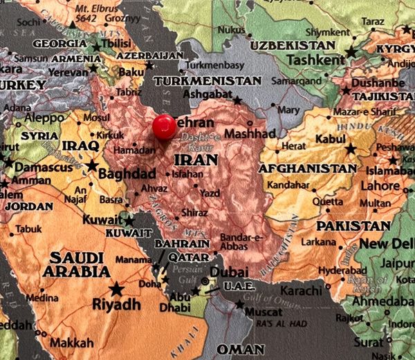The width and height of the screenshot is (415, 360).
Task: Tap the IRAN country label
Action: point(196,160)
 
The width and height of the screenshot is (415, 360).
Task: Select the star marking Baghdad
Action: point(92,166)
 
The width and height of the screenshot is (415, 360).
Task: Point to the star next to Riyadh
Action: point(116,289)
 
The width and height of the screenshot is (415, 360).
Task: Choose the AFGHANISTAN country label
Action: point(307,168)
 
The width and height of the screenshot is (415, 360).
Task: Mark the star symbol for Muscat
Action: point(240,304)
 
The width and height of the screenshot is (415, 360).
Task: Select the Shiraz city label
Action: point(194,213)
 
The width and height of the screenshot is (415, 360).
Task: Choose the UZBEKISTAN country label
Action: point(293,45)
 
